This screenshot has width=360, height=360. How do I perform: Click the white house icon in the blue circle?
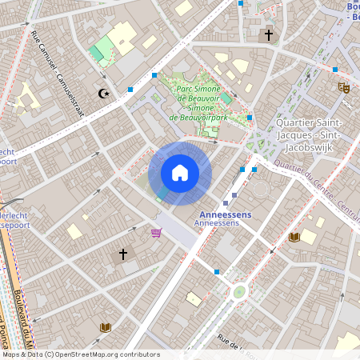[x=180, y=173]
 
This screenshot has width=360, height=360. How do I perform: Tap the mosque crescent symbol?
[x=102, y=94]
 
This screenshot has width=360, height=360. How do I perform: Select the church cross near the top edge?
[x=269, y=35]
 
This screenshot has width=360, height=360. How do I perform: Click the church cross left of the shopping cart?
[x=123, y=254]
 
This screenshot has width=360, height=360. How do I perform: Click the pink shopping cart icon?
[x=156, y=233]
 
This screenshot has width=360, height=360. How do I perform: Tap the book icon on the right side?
[x=294, y=237]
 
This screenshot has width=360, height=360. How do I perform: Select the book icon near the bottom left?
[x=105, y=326]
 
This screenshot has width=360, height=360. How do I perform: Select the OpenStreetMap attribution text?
[x=80, y=354]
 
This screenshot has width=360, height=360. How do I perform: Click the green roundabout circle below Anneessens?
[x=238, y=292]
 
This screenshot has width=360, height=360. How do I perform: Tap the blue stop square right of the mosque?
[x=130, y=90]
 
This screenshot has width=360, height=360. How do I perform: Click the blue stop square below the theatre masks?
[x=335, y=70]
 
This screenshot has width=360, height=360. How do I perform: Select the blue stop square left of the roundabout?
[x=216, y=272]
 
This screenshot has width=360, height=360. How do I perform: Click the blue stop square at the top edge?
[x=240, y=3]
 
